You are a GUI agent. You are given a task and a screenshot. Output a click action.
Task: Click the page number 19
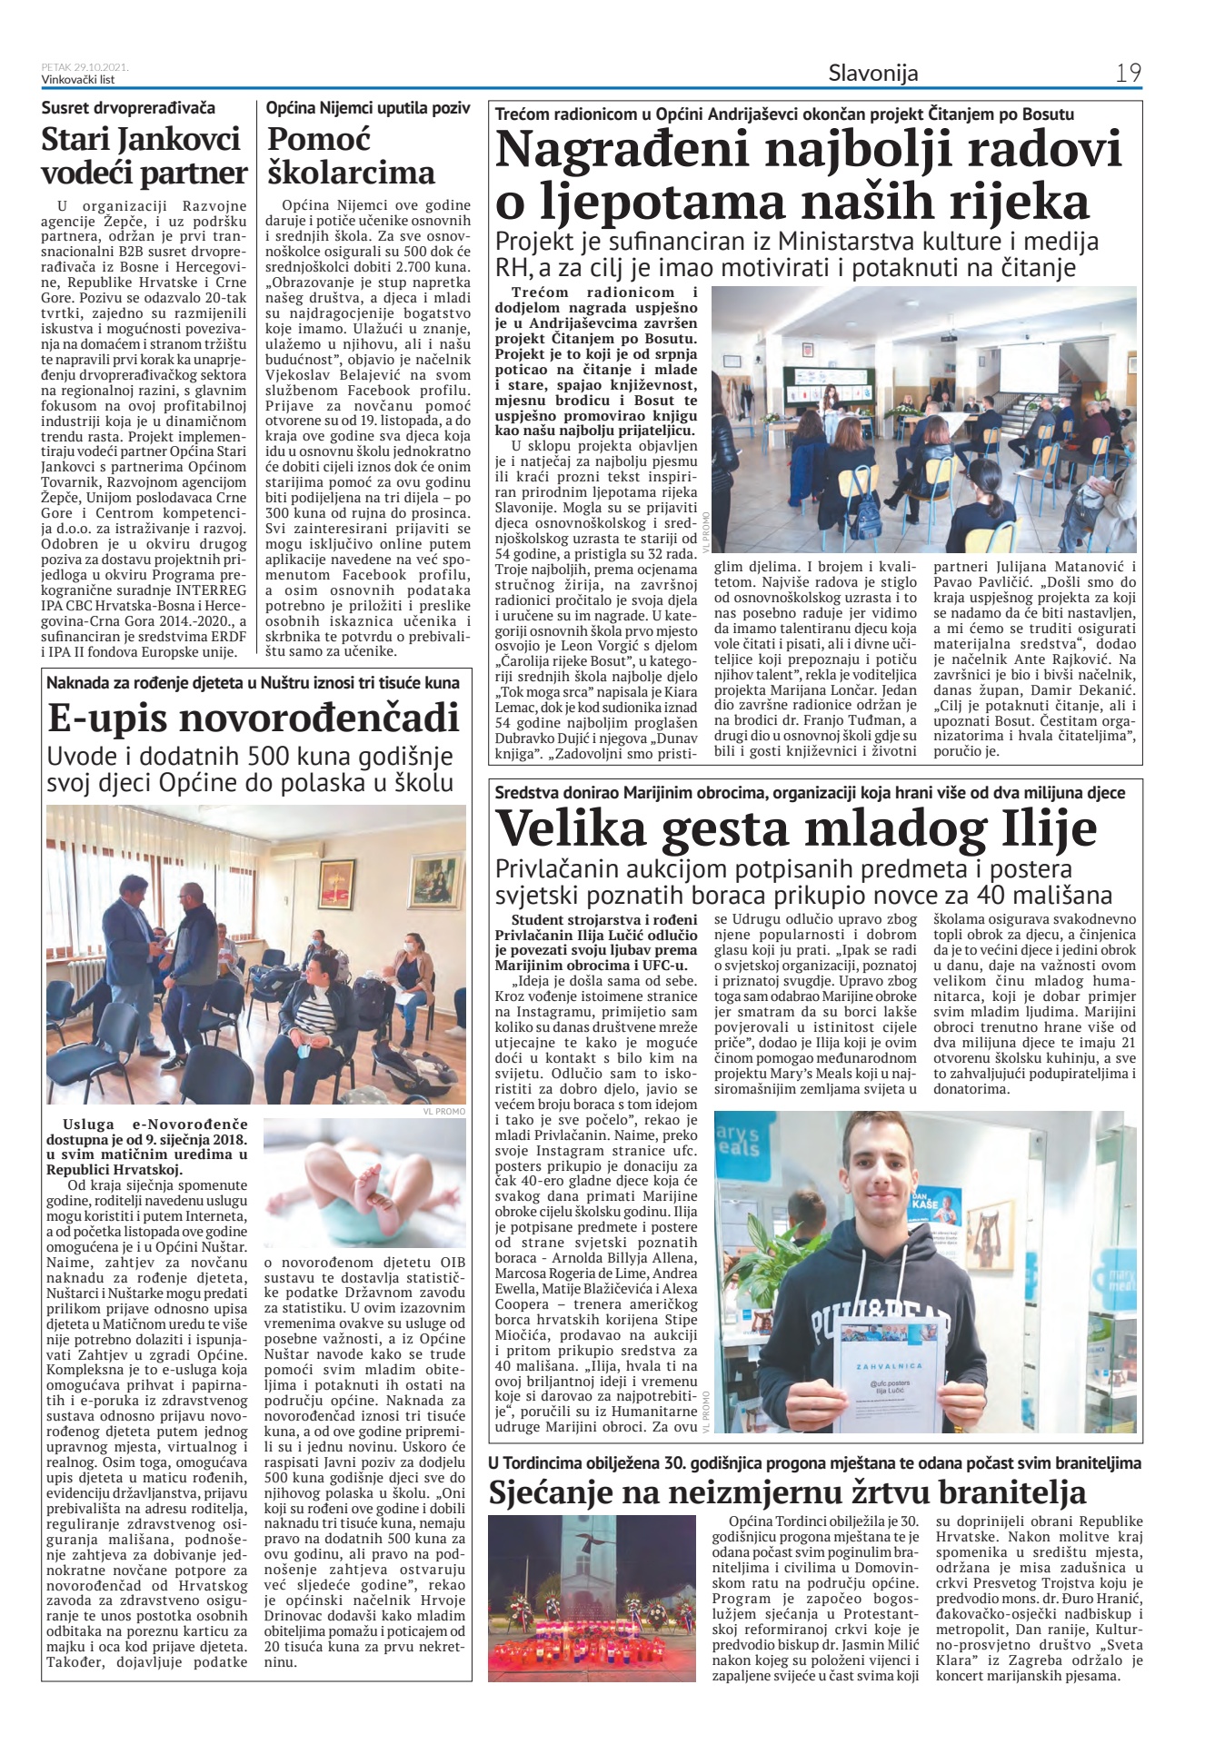pos(1128,73)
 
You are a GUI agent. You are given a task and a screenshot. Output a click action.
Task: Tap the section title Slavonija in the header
pos(872,73)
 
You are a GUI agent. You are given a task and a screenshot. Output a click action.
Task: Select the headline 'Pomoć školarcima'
pos(351,156)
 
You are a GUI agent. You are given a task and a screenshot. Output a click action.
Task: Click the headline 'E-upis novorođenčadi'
pos(254,718)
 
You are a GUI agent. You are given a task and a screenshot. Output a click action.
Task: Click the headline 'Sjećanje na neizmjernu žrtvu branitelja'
pos(787,1491)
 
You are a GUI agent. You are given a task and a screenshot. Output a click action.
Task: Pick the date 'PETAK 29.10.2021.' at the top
pos(85,67)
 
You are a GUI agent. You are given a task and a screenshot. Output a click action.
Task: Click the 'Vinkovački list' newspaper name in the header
pos(77,79)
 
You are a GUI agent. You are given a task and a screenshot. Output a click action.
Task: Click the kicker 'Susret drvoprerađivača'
pos(128,108)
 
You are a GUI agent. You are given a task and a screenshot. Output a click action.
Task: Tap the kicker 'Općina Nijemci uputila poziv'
pos(368,108)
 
